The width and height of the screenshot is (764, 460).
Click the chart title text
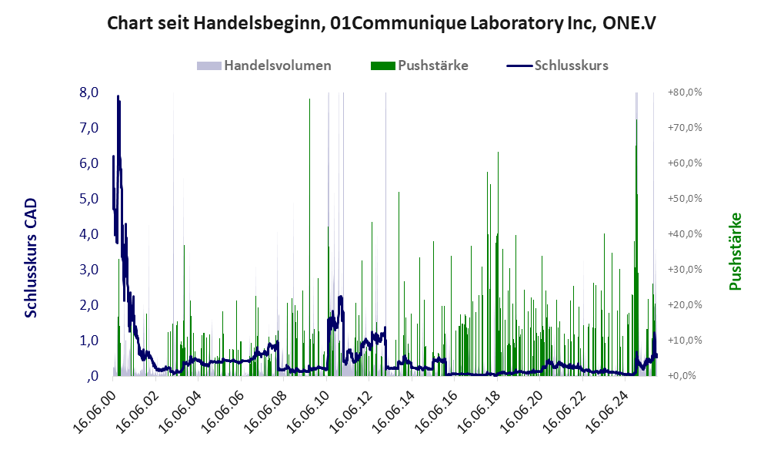click(x=382, y=24)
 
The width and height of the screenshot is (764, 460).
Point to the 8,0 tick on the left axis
click(x=88, y=92)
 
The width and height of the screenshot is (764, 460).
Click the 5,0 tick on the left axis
click(x=88, y=199)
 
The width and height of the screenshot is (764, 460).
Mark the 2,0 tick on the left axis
click(x=88, y=305)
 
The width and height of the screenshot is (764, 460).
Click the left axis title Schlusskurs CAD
click(x=32, y=257)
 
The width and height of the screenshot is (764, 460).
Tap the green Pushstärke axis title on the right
click(x=735, y=251)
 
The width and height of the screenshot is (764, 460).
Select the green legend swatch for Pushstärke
click(x=382, y=65)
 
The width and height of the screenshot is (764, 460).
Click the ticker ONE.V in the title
click(x=629, y=24)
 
